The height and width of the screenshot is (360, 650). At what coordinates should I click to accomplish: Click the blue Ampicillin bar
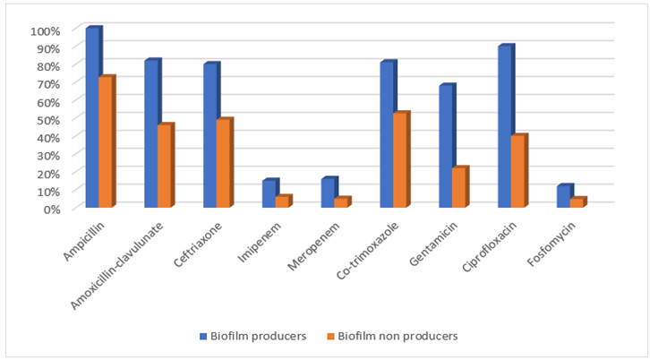click(x=93, y=116)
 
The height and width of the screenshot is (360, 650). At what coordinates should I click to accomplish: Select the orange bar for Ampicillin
click(x=106, y=141)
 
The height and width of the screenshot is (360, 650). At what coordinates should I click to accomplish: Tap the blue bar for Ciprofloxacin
click(x=505, y=125)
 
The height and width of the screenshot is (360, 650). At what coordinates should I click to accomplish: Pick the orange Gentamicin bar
click(x=459, y=186)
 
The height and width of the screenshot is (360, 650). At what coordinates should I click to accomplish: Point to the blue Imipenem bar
click(x=269, y=193)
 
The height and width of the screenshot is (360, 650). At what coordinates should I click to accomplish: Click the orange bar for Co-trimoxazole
click(x=400, y=159)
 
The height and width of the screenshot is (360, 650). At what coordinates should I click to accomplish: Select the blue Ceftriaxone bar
click(x=210, y=135)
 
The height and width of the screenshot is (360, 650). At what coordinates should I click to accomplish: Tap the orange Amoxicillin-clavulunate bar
click(x=165, y=165)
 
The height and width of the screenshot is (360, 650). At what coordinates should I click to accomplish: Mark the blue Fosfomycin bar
click(x=564, y=196)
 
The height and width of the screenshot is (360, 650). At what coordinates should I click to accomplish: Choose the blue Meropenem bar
click(x=329, y=192)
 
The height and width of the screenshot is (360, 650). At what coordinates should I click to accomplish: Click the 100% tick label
click(x=46, y=30)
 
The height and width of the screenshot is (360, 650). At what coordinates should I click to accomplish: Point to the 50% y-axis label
click(x=48, y=120)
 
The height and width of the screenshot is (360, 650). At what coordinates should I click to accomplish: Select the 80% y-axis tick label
click(x=48, y=66)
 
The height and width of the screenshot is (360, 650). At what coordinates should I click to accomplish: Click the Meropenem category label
click(x=313, y=246)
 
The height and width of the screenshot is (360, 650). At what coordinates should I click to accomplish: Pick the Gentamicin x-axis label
click(x=433, y=244)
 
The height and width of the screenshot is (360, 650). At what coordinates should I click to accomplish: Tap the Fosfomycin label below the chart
click(x=552, y=244)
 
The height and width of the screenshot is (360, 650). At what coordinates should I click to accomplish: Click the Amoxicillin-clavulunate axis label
click(x=117, y=265)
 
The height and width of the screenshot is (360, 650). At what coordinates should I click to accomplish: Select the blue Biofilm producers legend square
click(x=203, y=336)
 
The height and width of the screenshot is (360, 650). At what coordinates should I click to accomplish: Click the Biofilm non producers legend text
click(x=398, y=336)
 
